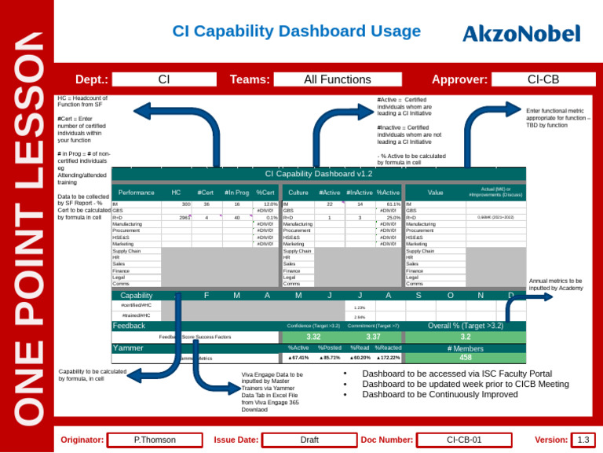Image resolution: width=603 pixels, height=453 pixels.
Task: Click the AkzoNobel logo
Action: (x=521, y=34)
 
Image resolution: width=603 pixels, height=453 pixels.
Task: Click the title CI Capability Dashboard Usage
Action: (x=297, y=31)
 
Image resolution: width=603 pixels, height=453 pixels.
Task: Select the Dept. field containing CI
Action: (x=163, y=79)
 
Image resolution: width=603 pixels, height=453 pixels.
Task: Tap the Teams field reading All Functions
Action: (x=326, y=79)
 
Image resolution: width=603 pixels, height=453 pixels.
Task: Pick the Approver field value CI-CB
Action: (x=543, y=79)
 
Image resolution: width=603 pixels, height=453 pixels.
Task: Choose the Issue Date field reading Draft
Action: (x=309, y=440)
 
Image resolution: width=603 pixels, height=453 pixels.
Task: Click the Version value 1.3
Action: (x=583, y=440)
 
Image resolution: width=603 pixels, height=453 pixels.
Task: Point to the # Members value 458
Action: (x=466, y=358)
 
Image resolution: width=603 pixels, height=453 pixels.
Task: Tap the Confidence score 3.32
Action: (x=313, y=337)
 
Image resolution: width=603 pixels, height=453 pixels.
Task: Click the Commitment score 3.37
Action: (x=374, y=337)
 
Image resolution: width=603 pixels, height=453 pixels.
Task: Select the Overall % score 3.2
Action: (x=466, y=337)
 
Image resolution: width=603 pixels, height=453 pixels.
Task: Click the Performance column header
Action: (x=136, y=193)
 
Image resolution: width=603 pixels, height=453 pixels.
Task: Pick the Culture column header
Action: (x=298, y=193)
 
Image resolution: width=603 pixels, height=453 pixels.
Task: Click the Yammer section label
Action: (x=128, y=348)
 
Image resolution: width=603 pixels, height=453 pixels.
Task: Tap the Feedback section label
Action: (x=130, y=325)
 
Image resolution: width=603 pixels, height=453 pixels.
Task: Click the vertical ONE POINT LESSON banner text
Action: (x=27, y=228)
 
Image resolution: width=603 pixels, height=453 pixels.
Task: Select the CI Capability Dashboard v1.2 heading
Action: (x=319, y=174)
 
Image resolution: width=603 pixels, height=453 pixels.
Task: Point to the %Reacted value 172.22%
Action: (x=387, y=358)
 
